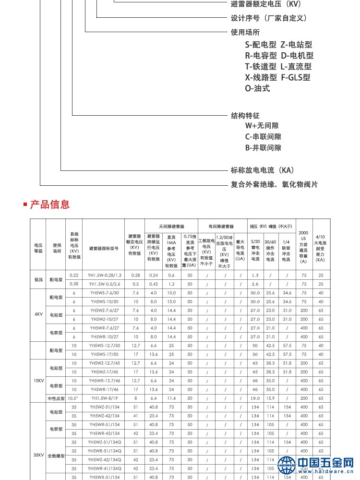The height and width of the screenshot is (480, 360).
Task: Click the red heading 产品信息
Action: (x=49, y=204)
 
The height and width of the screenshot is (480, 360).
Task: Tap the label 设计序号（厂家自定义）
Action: (x=268, y=18)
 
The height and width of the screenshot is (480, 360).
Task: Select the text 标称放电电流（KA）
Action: (x=262, y=170)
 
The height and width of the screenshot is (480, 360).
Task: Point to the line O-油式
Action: (x=257, y=88)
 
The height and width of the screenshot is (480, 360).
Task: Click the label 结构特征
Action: (x=245, y=116)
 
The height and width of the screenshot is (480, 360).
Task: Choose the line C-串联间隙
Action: (x=263, y=137)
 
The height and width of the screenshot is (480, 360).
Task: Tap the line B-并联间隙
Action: (x=263, y=148)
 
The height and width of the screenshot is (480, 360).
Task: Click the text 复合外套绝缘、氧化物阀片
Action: (x=274, y=184)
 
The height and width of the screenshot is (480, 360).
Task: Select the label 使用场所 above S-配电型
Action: (x=245, y=33)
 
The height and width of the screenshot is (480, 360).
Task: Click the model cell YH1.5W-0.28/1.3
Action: (x=105, y=275)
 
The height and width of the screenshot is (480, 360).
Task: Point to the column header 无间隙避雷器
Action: (x=172, y=226)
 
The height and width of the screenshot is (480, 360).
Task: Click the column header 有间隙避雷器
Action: (x=221, y=226)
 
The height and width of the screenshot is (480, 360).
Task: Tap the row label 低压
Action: (x=38, y=279)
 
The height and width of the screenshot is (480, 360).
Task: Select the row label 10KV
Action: (x=38, y=380)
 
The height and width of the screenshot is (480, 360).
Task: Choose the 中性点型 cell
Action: (x=57, y=398)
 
